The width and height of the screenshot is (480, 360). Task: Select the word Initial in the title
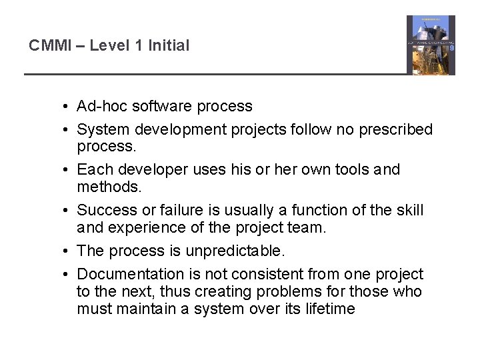tap(169, 46)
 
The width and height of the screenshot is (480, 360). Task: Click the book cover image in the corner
tap(431, 45)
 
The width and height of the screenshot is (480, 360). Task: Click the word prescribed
tap(395, 129)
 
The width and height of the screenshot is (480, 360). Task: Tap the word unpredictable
tap(229, 251)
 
